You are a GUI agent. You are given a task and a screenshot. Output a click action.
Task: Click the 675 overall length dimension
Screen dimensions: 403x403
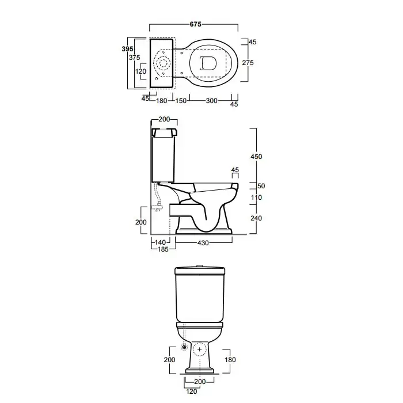(196, 24)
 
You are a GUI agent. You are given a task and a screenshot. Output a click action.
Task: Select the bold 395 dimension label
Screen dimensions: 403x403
(127, 49)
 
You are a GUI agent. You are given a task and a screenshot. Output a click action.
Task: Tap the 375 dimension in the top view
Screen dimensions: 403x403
(134, 58)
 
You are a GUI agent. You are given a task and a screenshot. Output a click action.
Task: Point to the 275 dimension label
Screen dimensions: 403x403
(248, 63)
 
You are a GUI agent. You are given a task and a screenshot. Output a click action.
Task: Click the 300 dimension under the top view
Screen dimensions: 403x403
(211, 101)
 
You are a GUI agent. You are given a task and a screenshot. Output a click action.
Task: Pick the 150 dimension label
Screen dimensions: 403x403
(181, 101)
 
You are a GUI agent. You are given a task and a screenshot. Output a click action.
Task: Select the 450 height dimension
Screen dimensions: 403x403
(256, 157)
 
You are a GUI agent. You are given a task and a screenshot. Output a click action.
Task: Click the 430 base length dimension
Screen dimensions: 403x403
(203, 243)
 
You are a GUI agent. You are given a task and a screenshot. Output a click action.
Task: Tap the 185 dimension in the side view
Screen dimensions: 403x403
(163, 249)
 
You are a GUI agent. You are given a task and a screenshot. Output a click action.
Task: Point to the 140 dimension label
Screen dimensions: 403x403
(160, 242)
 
